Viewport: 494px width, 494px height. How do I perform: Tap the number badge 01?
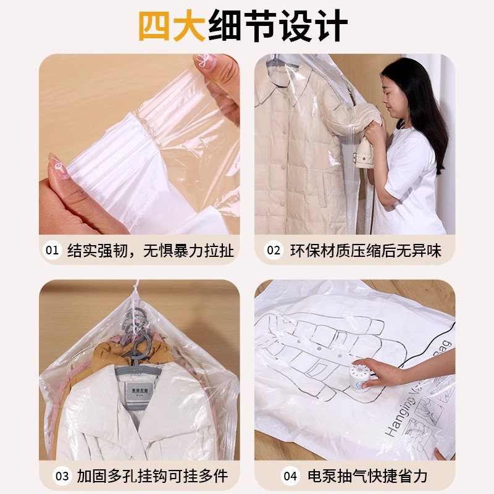tap(52, 250)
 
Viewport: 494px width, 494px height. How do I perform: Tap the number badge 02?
tap(273, 250)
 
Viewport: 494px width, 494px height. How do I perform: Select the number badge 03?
tap(62, 476)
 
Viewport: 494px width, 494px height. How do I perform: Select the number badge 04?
tap(290, 476)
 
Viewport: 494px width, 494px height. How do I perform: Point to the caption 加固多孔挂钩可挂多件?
tap(152, 476)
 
